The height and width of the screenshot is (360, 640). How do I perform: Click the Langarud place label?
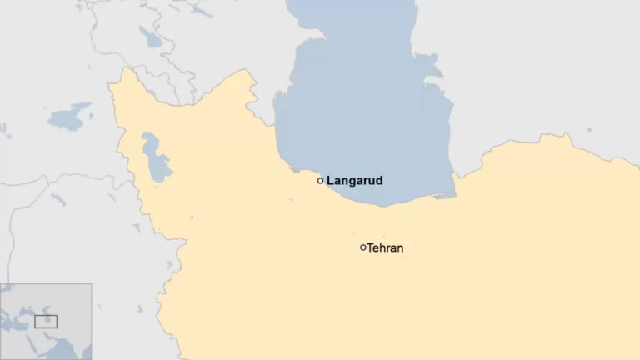click(x=354, y=180)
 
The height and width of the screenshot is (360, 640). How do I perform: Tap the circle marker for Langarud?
click(x=320, y=180)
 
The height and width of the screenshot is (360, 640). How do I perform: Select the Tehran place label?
click(x=385, y=247)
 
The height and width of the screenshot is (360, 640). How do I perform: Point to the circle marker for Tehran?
click(x=362, y=247)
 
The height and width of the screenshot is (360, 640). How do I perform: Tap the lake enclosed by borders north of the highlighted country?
click(x=150, y=37)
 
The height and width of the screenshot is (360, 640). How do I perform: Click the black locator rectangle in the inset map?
click(x=46, y=321)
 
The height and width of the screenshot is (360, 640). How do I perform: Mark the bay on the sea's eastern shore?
click(x=430, y=62)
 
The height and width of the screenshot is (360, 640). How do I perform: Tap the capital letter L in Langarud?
click(x=330, y=180)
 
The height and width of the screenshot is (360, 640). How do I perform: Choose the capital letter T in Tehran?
click(x=371, y=247)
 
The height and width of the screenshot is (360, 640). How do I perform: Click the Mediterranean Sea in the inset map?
click(x=12, y=323)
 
